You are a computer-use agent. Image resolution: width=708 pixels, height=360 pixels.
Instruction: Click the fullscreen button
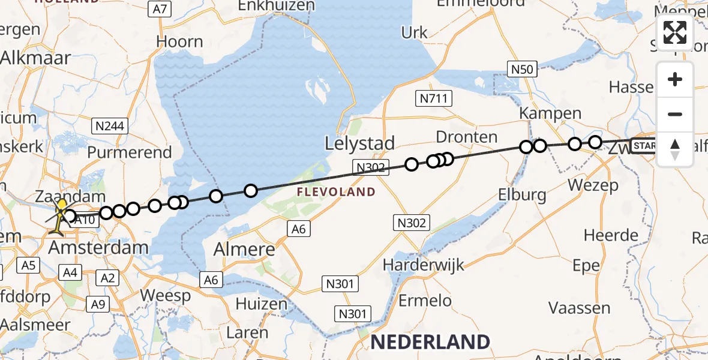click(x=675, y=32)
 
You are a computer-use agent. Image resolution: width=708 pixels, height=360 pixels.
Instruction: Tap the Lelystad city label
click(x=360, y=143)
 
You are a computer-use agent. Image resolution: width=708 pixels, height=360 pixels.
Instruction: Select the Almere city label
click(x=247, y=249)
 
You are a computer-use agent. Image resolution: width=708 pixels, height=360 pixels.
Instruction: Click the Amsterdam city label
click(x=98, y=247)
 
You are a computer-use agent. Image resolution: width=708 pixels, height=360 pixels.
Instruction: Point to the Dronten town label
click(x=467, y=137)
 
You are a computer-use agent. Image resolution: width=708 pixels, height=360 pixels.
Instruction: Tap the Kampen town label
click(x=550, y=113)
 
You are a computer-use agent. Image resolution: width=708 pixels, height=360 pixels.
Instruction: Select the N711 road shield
click(x=434, y=98)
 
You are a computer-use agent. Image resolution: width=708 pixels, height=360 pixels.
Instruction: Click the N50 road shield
click(x=522, y=70)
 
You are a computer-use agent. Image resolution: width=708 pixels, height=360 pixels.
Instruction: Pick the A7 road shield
click(x=160, y=9)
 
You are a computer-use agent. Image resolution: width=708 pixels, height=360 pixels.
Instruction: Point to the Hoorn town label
click(x=179, y=42)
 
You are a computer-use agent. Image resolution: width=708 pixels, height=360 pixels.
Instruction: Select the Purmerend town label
click(x=130, y=152)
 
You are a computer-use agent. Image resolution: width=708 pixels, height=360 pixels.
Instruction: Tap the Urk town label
click(x=415, y=32)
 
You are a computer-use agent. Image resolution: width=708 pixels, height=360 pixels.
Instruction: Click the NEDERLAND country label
click(x=430, y=342)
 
